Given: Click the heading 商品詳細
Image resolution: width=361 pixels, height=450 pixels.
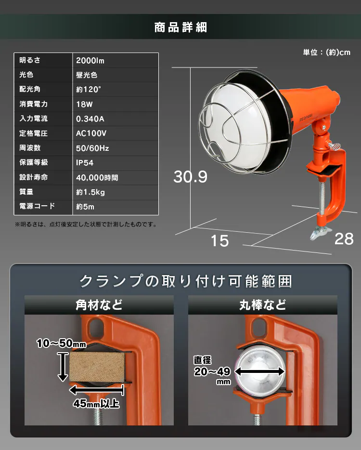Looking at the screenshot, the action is click(180, 27).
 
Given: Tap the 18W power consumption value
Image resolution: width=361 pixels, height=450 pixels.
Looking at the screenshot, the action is click(84, 104).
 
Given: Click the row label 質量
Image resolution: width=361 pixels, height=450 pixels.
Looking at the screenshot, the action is click(26, 192).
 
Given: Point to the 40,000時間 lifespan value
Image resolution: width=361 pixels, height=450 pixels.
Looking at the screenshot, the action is click(97, 178).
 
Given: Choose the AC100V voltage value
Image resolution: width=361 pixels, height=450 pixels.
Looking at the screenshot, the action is click(91, 133).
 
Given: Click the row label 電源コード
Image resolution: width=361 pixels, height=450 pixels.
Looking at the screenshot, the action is click(37, 206).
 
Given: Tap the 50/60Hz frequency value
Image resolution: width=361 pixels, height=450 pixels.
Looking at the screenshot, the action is click(92, 148).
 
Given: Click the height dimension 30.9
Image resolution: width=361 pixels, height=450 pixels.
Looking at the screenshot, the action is click(191, 176).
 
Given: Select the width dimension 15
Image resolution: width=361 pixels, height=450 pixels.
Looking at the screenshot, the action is click(219, 241).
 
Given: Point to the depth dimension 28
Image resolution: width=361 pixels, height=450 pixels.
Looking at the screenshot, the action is click(344, 239).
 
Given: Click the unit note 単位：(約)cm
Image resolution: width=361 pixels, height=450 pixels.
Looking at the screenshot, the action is click(327, 52).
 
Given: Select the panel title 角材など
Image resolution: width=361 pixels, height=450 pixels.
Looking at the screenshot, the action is click(99, 305).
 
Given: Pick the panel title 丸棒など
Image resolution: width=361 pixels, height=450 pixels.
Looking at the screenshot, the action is click(263, 305).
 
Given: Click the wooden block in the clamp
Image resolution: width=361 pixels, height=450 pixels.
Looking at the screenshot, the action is click(97, 367).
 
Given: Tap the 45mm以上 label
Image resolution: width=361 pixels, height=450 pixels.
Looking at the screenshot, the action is click(96, 404).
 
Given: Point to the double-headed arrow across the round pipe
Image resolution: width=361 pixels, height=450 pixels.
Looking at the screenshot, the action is click(259, 371).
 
